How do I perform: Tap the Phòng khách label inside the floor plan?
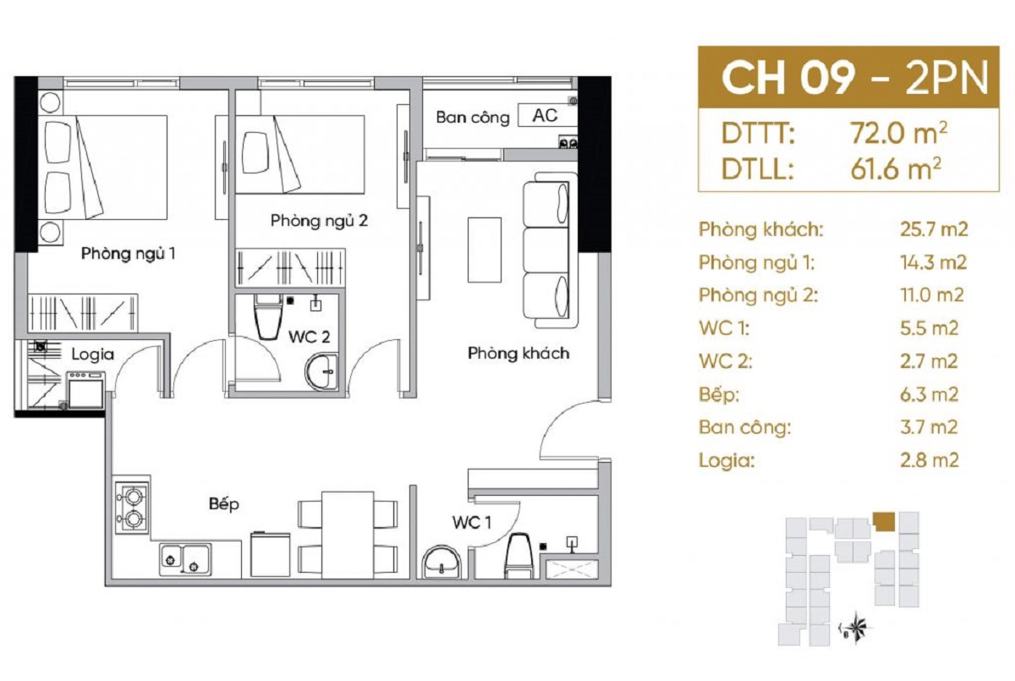point(518,353)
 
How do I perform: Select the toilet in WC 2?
point(268,317)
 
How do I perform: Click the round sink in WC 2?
point(321,372)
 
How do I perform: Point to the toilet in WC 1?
point(518,556)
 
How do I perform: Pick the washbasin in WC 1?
point(442,563)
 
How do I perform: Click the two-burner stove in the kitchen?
point(132,508)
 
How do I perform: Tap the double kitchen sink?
point(185,560)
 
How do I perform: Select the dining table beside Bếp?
point(348,535)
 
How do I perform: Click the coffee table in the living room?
point(485,250)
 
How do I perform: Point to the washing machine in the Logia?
point(86,390)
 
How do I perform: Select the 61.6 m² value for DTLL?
point(896,169)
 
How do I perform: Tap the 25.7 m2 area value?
point(934,229)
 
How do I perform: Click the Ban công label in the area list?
point(745,428)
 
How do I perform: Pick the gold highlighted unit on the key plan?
point(884,521)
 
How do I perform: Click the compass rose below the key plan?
point(856,628)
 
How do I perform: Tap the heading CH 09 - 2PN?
point(854,78)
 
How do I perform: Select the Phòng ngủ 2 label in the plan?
point(319,221)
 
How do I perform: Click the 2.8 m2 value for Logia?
point(930,460)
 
